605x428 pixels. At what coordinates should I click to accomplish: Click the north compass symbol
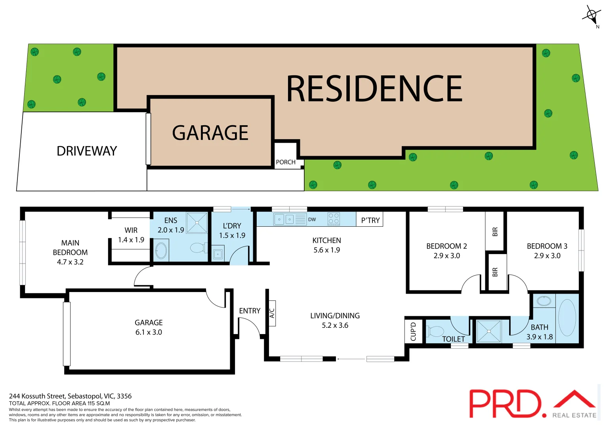coord(591,16)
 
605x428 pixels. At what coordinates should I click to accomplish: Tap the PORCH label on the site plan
coord(286,162)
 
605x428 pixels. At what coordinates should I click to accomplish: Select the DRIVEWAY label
coord(87,151)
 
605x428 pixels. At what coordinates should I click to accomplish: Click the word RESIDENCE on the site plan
coord(374,89)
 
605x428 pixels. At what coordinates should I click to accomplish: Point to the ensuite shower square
coord(197,223)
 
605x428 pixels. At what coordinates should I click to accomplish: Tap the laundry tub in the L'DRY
coord(218,254)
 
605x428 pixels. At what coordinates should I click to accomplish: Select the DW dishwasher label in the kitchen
coord(312,220)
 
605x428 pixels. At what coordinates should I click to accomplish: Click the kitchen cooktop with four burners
coord(334,219)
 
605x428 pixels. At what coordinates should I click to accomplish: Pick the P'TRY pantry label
coord(370,220)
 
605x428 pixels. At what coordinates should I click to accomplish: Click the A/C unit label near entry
coord(272,313)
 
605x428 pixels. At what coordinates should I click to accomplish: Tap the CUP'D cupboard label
coord(414,331)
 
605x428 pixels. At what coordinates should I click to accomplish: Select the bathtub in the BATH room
coord(567,318)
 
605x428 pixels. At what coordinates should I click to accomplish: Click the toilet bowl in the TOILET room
coord(436,331)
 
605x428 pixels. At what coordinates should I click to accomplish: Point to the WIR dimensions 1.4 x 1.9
coord(131,240)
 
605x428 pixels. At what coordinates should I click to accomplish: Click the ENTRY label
coord(250,311)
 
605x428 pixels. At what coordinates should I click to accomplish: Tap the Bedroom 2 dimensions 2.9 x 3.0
coord(447,256)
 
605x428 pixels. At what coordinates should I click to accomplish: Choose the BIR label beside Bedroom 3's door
coord(495,272)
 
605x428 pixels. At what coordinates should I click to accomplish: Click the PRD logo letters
coord(505,403)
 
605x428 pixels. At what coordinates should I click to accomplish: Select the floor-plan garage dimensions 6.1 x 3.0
coord(149,332)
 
